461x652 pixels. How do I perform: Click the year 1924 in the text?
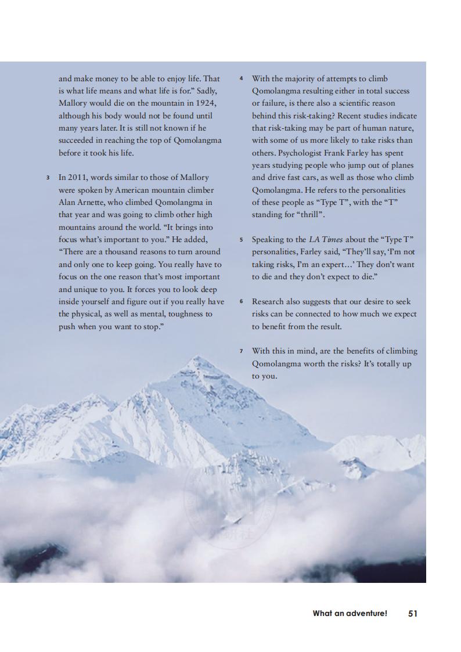206,103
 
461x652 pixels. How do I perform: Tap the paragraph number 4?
241,78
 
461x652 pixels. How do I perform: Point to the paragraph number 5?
241,239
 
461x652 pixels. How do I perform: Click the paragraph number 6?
241,301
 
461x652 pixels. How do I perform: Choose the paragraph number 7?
241,351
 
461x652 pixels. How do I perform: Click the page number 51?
413,613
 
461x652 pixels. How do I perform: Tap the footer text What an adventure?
350,613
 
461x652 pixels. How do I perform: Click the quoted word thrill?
306,215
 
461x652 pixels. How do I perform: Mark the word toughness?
193,314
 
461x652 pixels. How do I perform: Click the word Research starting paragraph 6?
271,301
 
